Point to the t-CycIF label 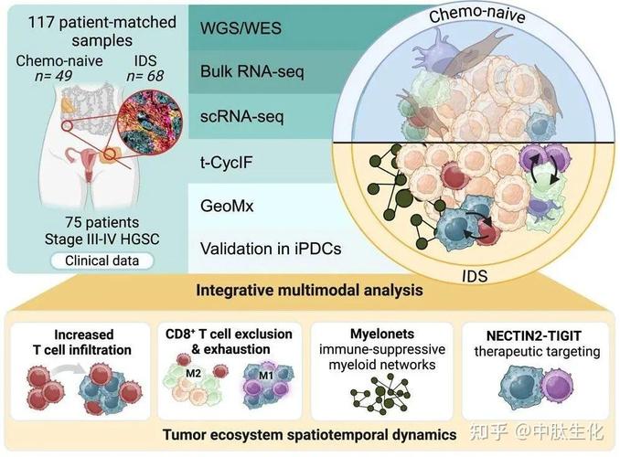[x=228, y=161]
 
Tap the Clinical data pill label [x=102, y=260]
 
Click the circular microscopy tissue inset [x=148, y=117]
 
